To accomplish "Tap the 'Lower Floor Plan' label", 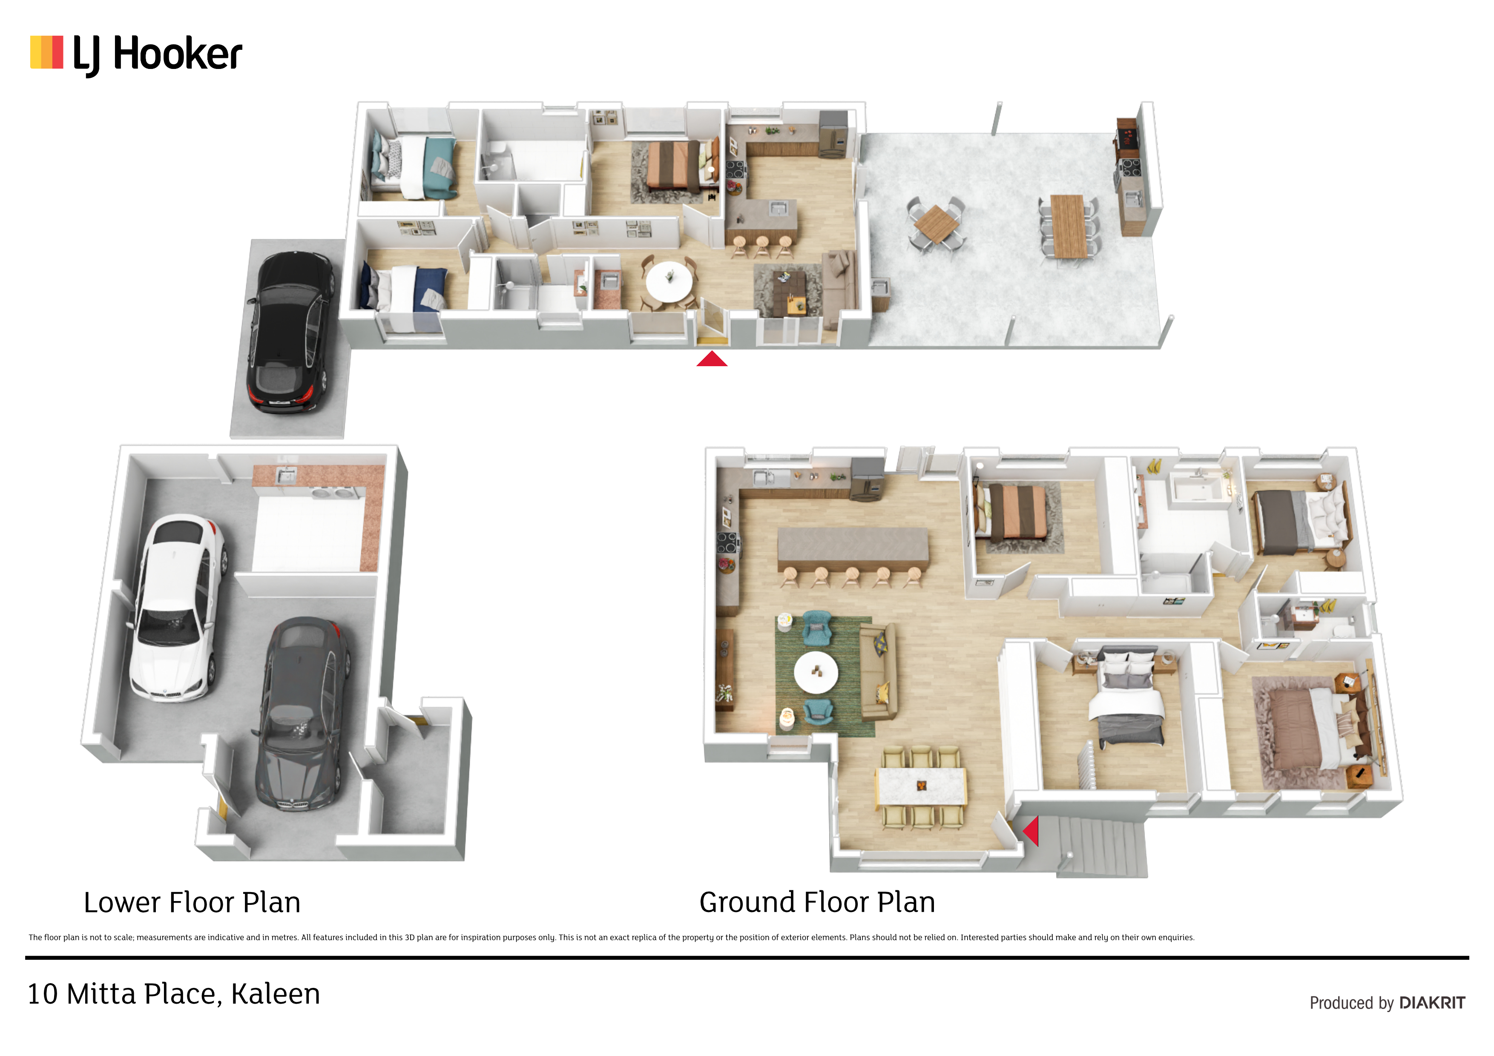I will click(192, 902).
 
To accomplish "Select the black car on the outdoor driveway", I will click(290, 332).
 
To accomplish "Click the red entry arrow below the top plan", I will click(712, 359).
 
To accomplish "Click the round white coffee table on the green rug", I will click(816, 672).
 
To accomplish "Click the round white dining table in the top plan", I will click(669, 281).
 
